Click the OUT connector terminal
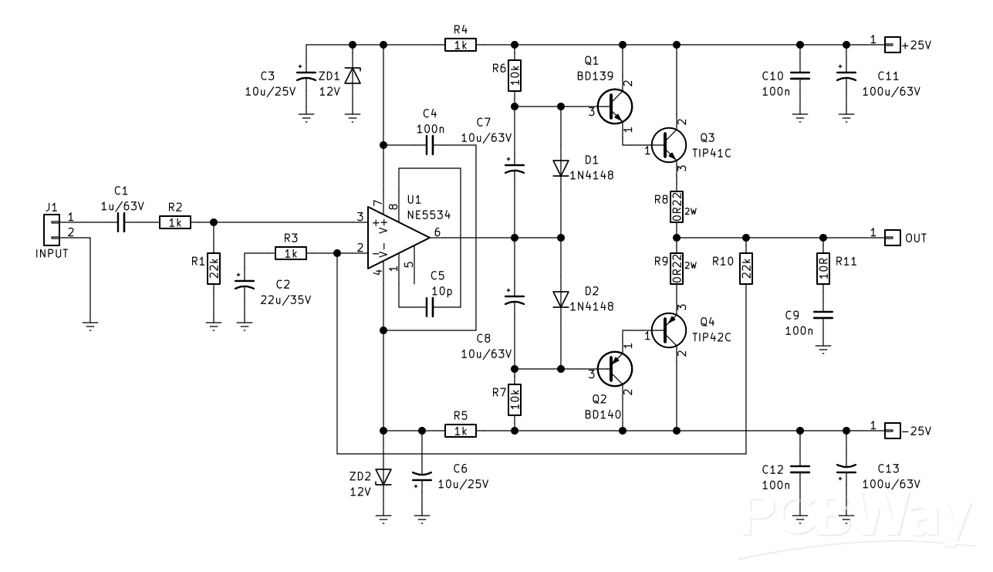(x=892, y=238)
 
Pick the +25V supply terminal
(x=892, y=46)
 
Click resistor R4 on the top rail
(x=461, y=46)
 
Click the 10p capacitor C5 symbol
(x=431, y=308)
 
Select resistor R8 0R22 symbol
(x=676, y=207)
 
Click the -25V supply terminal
(x=892, y=430)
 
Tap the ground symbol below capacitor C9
(x=822, y=349)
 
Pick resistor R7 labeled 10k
(x=515, y=399)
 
